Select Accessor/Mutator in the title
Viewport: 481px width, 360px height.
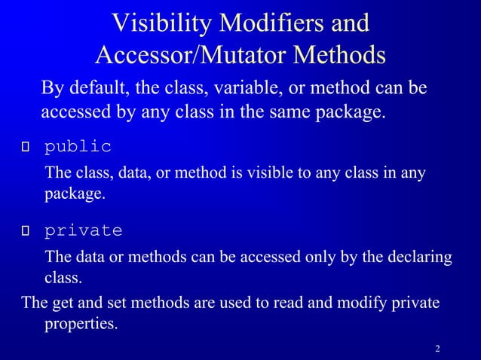click(193, 55)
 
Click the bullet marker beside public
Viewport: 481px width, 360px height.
click(26, 147)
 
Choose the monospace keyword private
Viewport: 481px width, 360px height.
click(83, 230)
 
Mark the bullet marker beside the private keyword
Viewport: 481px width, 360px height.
click(26, 230)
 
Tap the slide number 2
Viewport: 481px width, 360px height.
click(437, 349)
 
